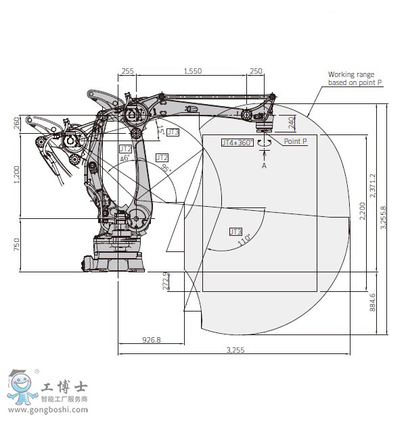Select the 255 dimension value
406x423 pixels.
tap(127, 71)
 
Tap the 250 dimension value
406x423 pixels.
tap(256, 71)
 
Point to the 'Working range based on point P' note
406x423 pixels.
tap(355, 78)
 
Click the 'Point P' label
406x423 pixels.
tap(296, 141)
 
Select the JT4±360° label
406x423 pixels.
tap(237, 143)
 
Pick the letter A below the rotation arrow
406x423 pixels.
tap(265, 165)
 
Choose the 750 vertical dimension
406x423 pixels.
tap(16, 245)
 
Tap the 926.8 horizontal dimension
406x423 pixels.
tap(152, 341)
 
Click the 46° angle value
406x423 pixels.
tap(125, 158)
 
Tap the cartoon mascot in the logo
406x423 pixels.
tap(22, 387)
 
